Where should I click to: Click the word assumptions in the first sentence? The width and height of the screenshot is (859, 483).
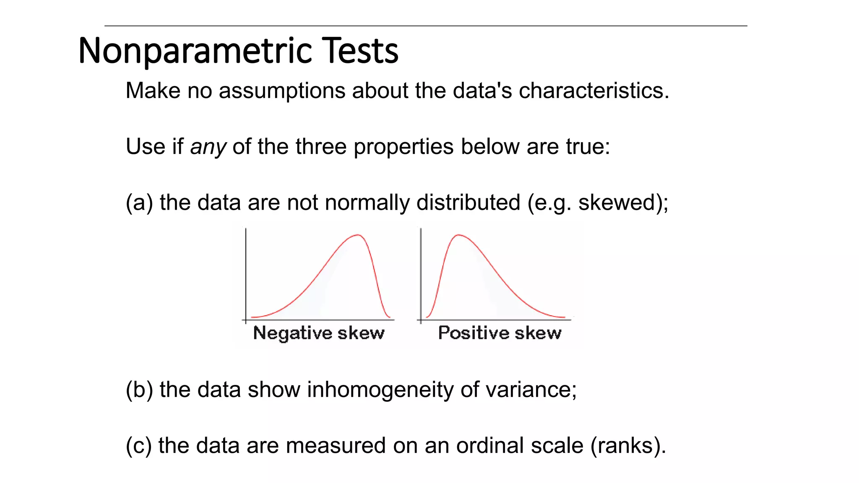(284, 91)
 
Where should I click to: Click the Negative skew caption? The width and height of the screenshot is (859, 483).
(319, 333)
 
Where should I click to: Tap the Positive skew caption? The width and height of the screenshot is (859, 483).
(500, 333)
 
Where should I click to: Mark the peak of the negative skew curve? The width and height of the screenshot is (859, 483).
(358, 235)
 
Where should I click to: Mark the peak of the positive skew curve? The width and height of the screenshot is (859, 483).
(459, 235)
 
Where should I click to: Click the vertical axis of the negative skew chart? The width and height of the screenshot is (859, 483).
(246, 273)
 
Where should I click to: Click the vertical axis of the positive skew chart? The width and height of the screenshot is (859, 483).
(421, 273)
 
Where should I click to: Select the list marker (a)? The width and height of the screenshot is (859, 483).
(139, 203)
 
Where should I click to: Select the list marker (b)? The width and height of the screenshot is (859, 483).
(139, 390)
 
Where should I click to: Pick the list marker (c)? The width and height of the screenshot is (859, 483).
(139, 446)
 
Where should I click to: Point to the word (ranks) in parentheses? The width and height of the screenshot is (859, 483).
(627, 446)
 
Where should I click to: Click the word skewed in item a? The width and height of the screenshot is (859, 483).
(617, 203)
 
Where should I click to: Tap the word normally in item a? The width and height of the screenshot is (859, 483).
(367, 203)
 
